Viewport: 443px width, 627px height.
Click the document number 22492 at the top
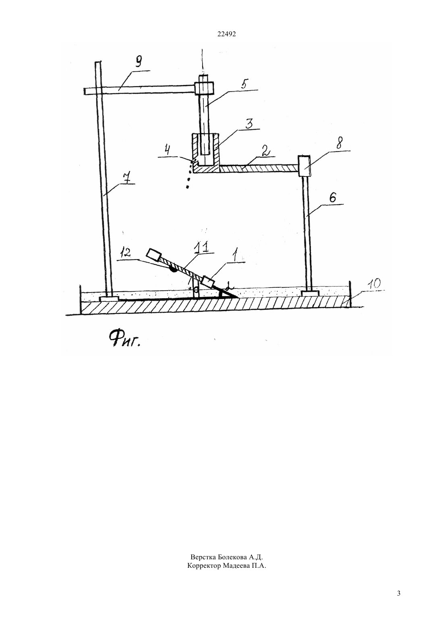226,34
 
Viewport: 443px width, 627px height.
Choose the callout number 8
339,143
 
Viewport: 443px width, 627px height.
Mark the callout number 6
332,199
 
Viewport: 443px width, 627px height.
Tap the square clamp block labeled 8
304,166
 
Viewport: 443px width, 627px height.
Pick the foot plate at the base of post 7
110,299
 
